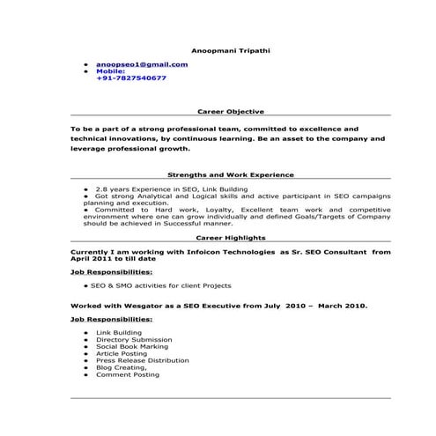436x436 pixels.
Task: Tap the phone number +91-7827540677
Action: point(130,78)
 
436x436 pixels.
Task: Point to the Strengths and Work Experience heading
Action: point(230,174)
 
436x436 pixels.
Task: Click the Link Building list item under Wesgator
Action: point(115,333)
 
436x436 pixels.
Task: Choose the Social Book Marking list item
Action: point(129,347)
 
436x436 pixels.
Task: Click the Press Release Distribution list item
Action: point(142,360)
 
